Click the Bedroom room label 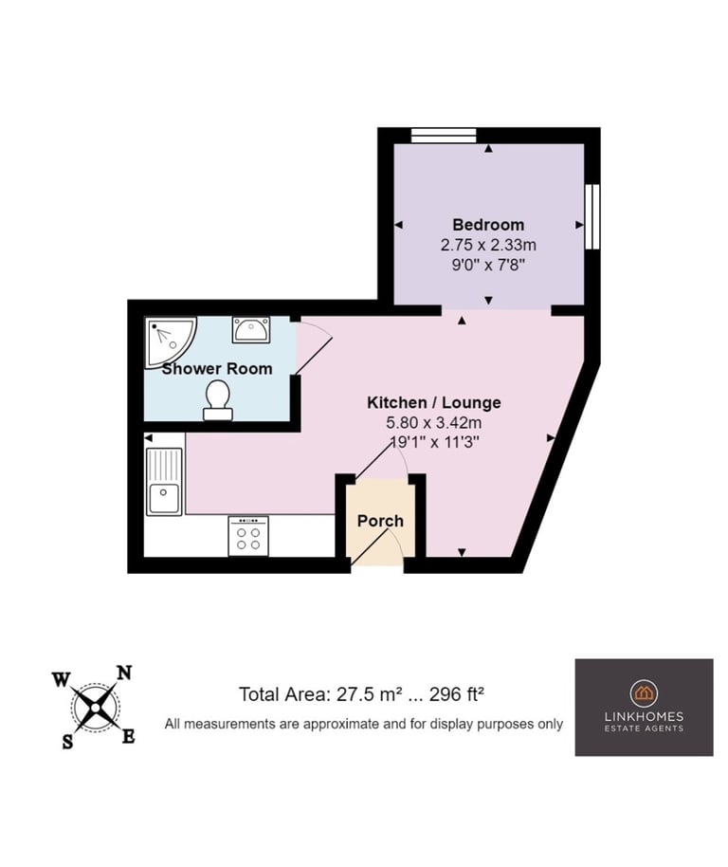coord(488,225)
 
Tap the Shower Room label coord(217,369)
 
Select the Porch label coord(380,521)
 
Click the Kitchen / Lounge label coord(433,402)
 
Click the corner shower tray coord(169,341)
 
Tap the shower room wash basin coord(251,329)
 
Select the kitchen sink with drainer coord(164,482)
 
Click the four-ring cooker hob coord(248,536)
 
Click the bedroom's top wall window coord(444,136)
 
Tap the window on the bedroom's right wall coord(592,216)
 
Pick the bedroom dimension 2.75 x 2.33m coord(488,245)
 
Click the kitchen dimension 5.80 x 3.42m coord(433,423)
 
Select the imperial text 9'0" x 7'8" coord(488,265)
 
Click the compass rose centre coord(95,708)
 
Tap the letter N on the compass coord(125,673)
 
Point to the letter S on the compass coord(67,742)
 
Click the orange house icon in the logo coord(644,692)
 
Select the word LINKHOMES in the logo coord(644,716)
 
